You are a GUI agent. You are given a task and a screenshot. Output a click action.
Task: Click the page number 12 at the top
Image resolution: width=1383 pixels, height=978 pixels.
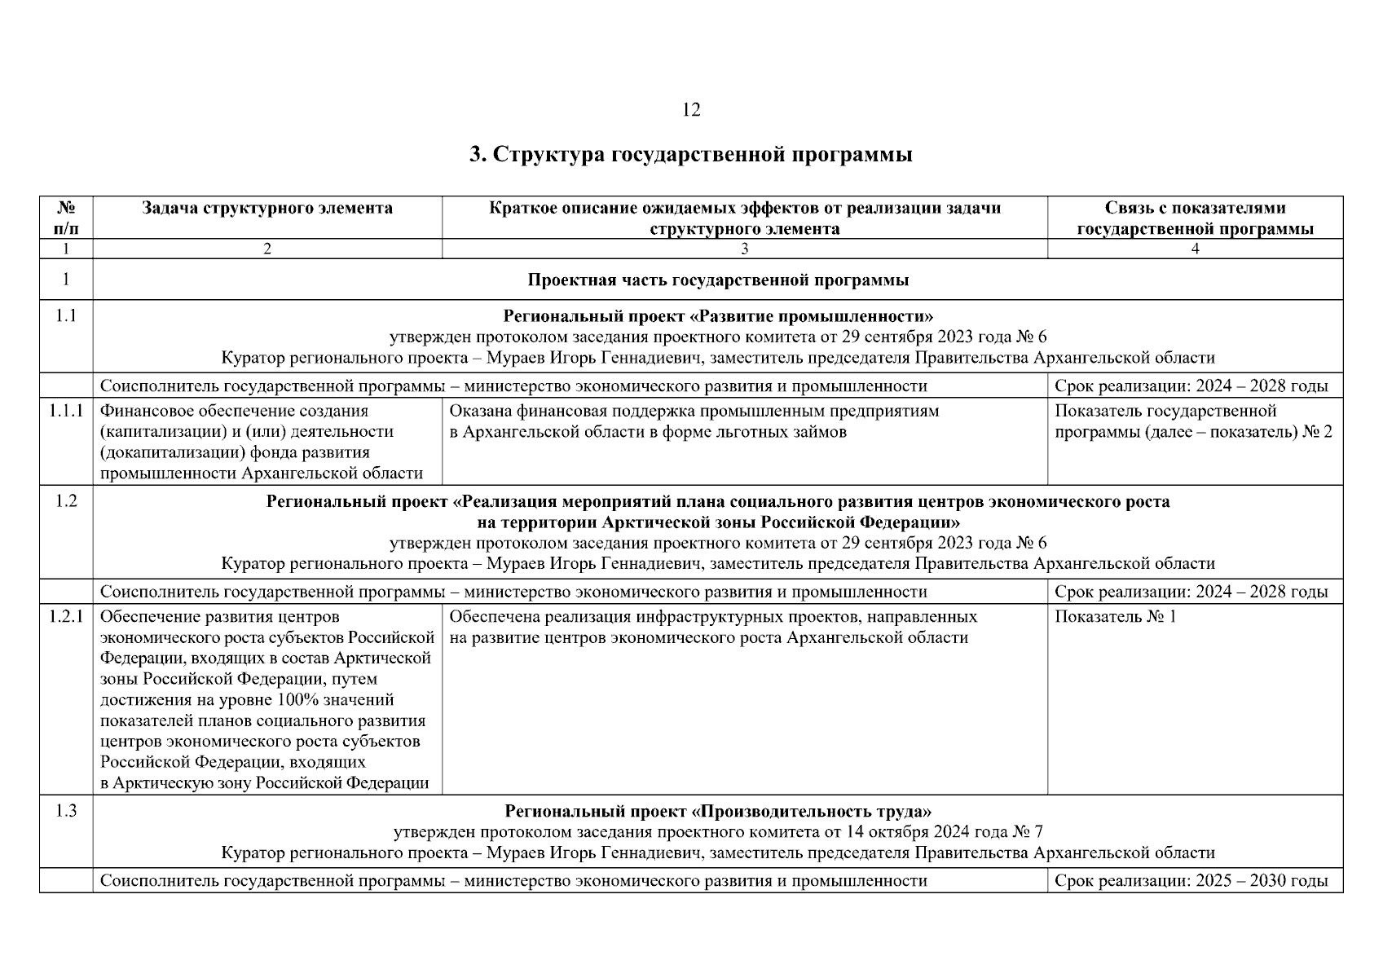pyautogui.click(x=690, y=110)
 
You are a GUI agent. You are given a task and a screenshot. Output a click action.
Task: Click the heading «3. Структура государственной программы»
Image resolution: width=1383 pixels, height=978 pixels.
pyautogui.click(x=690, y=154)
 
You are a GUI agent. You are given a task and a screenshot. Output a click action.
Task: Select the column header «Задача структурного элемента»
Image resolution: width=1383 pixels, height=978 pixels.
pyautogui.click(x=267, y=209)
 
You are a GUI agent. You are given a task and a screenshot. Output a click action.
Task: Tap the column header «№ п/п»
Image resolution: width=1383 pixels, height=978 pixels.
pyautogui.click(x=66, y=218)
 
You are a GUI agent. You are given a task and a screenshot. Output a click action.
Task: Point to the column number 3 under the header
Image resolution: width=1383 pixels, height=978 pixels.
pyautogui.click(x=744, y=249)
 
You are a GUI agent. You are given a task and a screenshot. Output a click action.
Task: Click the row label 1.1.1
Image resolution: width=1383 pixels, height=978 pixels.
pyautogui.click(x=66, y=412)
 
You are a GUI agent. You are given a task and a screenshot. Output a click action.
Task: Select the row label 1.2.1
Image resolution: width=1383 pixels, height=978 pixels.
pyautogui.click(x=66, y=617)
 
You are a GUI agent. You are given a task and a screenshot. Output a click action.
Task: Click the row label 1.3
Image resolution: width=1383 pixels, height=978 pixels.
pyautogui.click(x=66, y=812)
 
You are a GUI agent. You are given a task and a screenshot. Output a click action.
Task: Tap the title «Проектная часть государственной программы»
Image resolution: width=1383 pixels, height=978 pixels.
pyautogui.click(x=717, y=280)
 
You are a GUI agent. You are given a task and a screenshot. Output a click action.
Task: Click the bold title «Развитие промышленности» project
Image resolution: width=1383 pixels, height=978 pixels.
pyautogui.click(x=717, y=316)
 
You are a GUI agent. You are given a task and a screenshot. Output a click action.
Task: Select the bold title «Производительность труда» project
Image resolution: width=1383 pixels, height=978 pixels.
pyautogui.click(x=717, y=812)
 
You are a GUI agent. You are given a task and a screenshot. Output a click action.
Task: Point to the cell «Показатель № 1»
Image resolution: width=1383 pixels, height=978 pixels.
pyautogui.click(x=1115, y=617)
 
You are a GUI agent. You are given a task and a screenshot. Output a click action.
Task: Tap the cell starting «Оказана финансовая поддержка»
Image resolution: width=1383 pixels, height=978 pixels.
pyautogui.click(x=694, y=421)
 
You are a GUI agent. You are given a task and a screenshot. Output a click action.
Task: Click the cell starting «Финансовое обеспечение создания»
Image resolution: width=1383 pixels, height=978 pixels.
pyautogui.click(x=261, y=442)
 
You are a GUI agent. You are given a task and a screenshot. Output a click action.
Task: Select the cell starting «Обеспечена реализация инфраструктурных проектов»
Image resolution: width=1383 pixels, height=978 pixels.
pyautogui.click(x=712, y=627)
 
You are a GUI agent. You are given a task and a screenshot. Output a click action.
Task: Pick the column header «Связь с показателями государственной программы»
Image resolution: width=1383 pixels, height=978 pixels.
pyautogui.click(x=1195, y=218)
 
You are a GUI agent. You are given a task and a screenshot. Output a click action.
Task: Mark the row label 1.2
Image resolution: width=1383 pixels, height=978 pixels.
pyautogui.click(x=66, y=501)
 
